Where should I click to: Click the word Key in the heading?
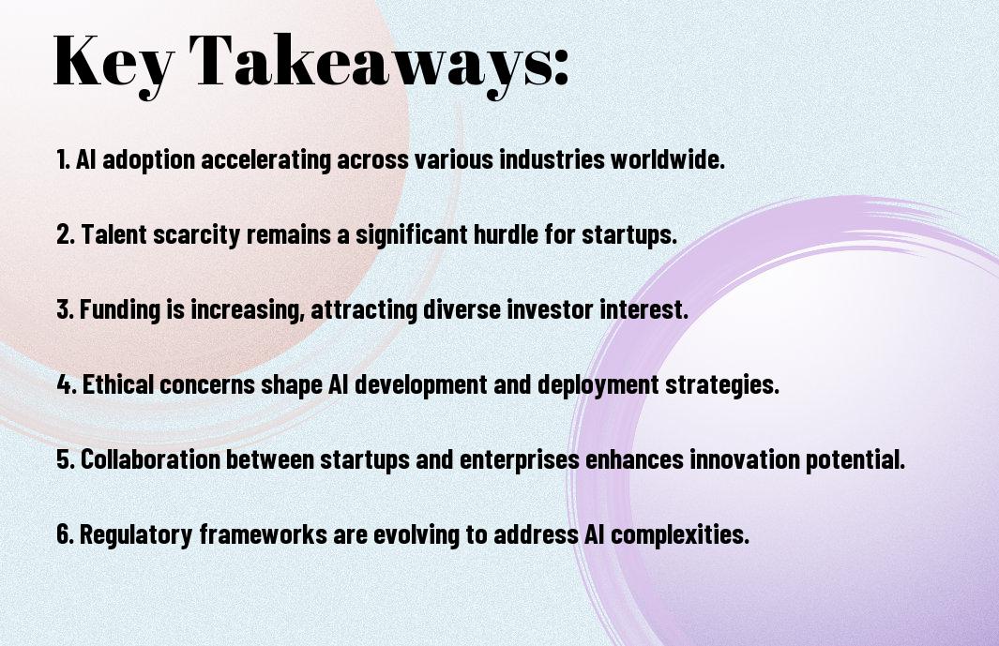[114, 63]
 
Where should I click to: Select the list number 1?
[63, 159]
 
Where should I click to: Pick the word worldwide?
[668, 159]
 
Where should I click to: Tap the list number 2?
[66, 234]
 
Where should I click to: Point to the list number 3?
[65, 309]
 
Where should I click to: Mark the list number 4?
[67, 384]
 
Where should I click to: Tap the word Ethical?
[118, 384]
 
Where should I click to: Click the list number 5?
[66, 459]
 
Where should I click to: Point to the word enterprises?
[520, 460]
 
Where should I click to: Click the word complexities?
[680, 535]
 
